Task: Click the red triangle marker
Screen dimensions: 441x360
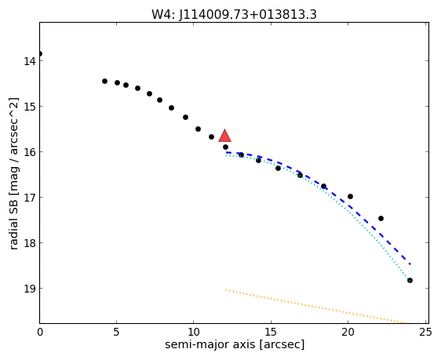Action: (x=224, y=136)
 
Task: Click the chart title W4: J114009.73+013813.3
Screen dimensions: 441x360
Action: (x=234, y=15)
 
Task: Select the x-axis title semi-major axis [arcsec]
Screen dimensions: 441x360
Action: (x=235, y=344)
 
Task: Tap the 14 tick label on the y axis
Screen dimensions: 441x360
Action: (x=29, y=61)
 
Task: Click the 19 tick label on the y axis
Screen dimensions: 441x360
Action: (x=29, y=289)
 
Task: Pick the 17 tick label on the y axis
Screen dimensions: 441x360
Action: (x=29, y=198)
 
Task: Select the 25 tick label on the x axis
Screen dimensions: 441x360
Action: (x=425, y=333)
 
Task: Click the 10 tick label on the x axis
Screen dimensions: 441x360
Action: (x=194, y=333)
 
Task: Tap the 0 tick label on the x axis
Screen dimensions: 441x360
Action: (x=40, y=333)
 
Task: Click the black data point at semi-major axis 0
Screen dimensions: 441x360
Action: (x=40, y=53)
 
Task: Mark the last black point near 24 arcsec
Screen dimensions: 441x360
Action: (x=410, y=280)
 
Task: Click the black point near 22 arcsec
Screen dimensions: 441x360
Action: (x=381, y=218)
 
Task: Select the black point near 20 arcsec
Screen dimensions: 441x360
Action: (x=350, y=196)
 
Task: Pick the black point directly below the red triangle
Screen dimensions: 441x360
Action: (x=225, y=147)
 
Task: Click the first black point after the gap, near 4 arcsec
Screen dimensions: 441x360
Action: (x=104, y=82)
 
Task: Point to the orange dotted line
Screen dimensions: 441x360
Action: (x=317, y=307)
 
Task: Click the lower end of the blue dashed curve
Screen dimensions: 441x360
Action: (x=410, y=264)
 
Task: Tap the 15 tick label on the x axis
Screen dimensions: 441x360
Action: (x=271, y=333)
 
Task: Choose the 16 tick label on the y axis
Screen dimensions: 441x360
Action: (x=29, y=152)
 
